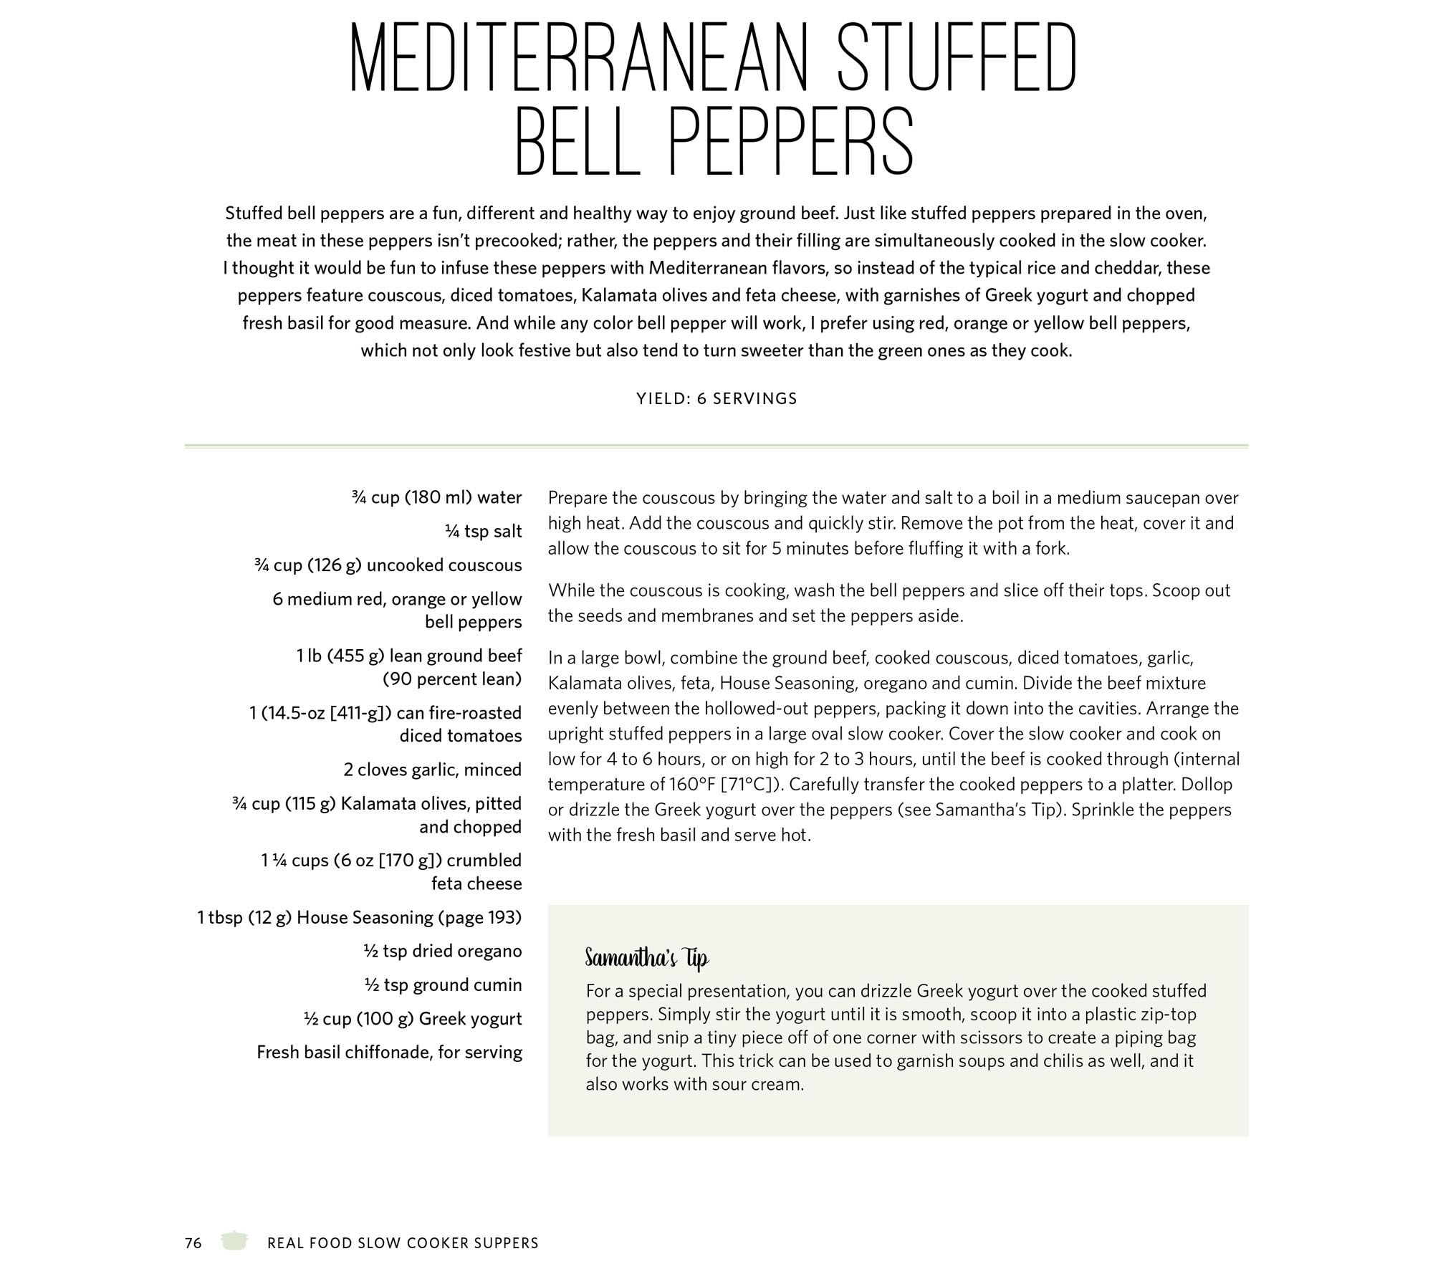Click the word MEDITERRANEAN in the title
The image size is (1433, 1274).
580,57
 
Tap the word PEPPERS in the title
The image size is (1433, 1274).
792,142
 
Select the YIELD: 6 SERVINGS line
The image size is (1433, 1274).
716,398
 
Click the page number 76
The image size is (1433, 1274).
193,1242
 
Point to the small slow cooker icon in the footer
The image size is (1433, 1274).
234,1241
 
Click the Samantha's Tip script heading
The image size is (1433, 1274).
646,958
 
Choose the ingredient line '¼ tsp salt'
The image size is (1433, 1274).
483,531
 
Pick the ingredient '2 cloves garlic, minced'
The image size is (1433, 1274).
432,770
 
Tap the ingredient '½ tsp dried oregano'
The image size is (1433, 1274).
442,951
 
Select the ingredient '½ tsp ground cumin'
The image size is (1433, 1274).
443,985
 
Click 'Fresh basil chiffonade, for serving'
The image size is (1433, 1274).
389,1052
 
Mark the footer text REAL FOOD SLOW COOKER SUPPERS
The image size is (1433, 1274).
403,1243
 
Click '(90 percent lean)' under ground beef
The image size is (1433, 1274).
452,679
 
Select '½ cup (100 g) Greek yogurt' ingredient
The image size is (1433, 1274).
413,1018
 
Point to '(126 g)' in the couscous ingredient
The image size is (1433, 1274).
335,565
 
